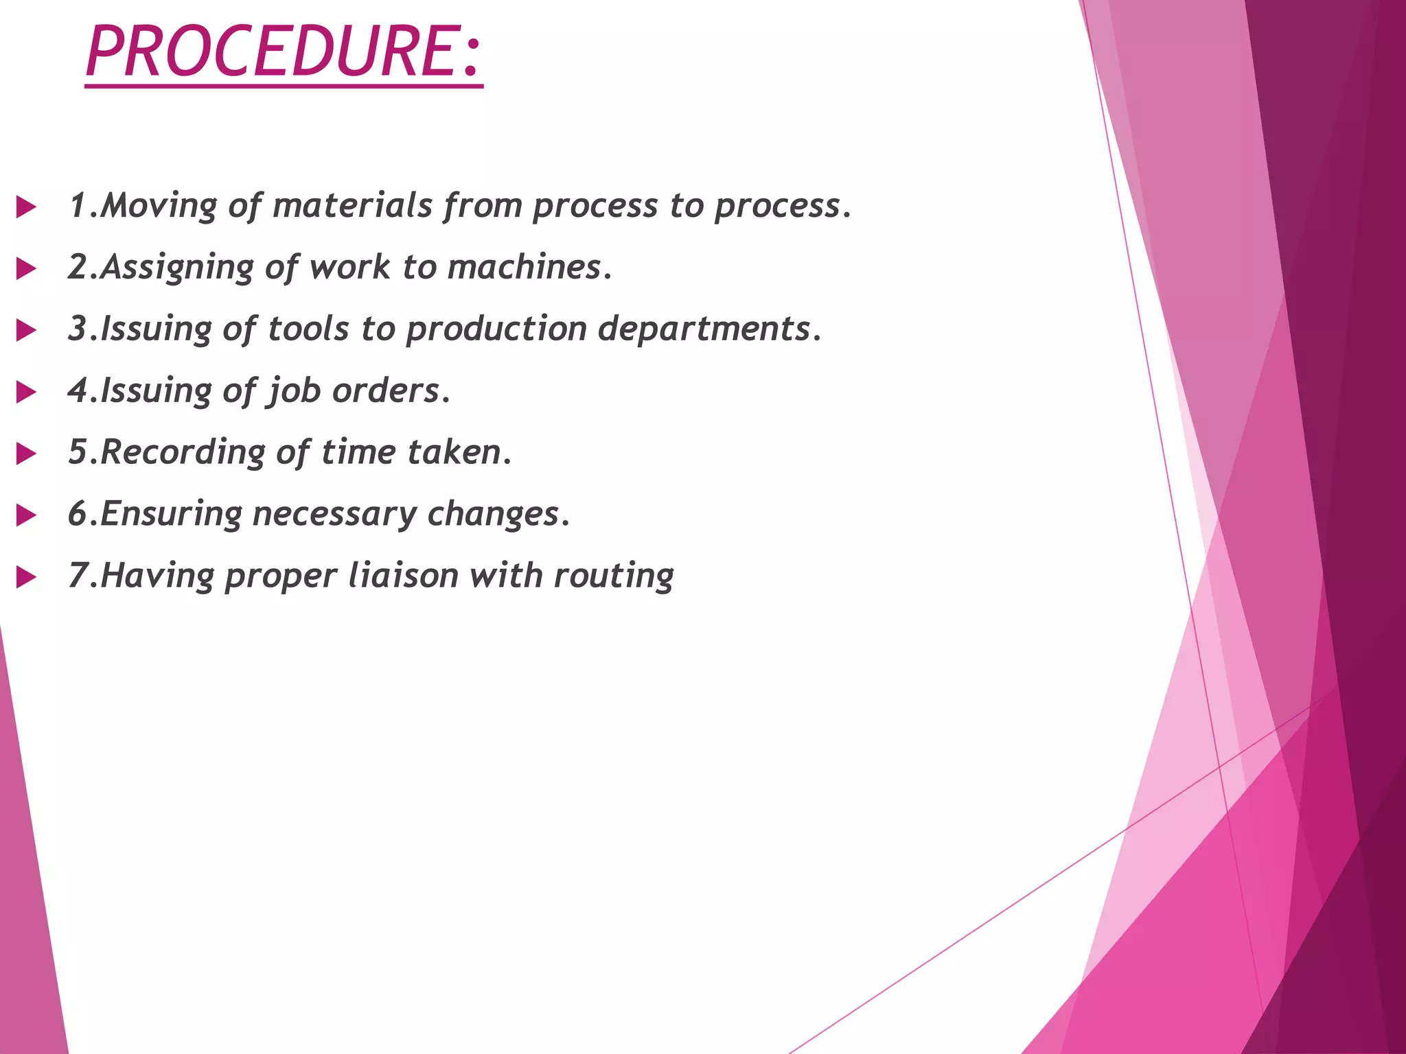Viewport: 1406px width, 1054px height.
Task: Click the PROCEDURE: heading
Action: pyautogui.click(x=284, y=52)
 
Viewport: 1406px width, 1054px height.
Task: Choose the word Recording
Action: pyautogui.click(x=183, y=453)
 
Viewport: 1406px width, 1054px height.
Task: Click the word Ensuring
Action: pyautogui.click(x=172, y=515)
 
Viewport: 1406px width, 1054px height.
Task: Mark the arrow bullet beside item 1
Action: pyautogui.click(x=26, y=207)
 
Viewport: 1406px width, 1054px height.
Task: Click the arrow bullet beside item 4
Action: pyautogui.click(x=26, y=393)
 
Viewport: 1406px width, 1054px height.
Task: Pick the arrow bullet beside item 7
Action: pyautogui.click(x=26, y=578)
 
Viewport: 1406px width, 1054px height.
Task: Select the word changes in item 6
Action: pyautogui.click(x=494, y=515)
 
